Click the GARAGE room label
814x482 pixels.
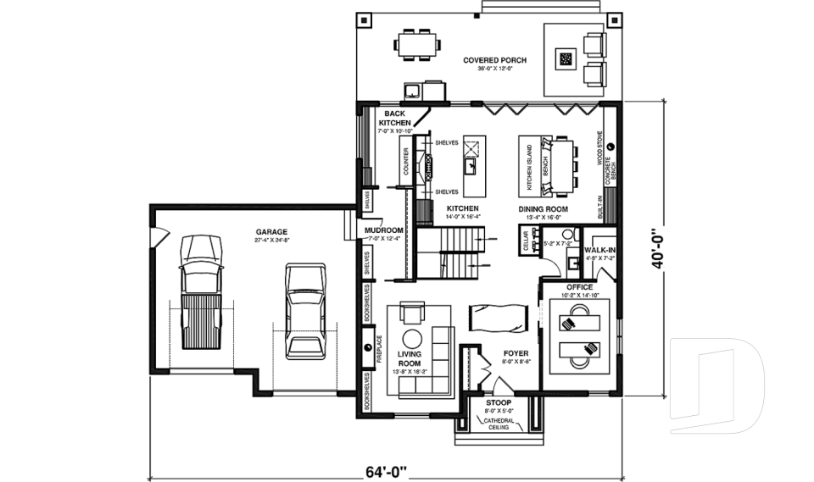point(271,231)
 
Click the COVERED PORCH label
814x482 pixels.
point(494,60)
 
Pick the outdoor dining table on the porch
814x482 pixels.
point(417,44)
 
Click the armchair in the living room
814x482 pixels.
point(413,313)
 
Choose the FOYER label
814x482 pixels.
point(516,353)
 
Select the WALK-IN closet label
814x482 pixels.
point(599,251)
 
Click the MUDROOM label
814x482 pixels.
point(383,230)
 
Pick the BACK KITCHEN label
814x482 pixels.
point(394,118)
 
